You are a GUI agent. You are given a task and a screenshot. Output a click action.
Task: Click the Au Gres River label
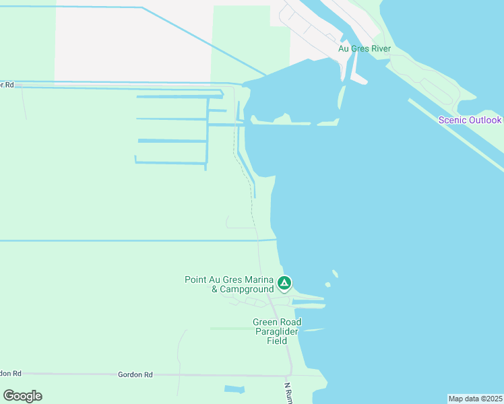pyautogui.click(x=365, y=48)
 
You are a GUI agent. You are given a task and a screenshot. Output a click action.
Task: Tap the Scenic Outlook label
pyautogui.click(x=470, y=120)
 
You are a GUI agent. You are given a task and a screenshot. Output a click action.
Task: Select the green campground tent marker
pyautogui.click(x=284, y=283)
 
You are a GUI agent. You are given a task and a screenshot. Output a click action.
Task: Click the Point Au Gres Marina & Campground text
pyautogui.click(x=229, y=284)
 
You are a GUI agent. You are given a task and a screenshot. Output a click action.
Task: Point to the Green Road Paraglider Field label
pyautogui.click(x=276, y=331)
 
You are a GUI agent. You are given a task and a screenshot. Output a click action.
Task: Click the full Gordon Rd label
pyautogui.click(x=135, y=374)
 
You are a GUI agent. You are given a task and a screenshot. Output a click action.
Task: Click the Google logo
pyautogui.click(x=22, y=396)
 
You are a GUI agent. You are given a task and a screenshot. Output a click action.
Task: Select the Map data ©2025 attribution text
pyautogui.click(x=475, y=399)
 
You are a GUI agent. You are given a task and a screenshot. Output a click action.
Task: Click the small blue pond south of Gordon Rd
pyautogui.click(x=234, y=389)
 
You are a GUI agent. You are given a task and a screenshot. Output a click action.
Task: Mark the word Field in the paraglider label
pyautogui.click(x=277, y=341)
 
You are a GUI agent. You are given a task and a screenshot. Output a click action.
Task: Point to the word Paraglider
pyautogui.click(x=276, y=331)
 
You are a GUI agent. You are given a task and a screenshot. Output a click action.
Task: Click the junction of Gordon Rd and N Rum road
pyautogui.click(x=290, y=375)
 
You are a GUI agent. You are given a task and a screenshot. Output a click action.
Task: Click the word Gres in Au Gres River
pyautogui.click(x=360, y=48)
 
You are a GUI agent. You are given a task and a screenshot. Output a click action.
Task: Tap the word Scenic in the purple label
pyautogui.click(x=452, y=120)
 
